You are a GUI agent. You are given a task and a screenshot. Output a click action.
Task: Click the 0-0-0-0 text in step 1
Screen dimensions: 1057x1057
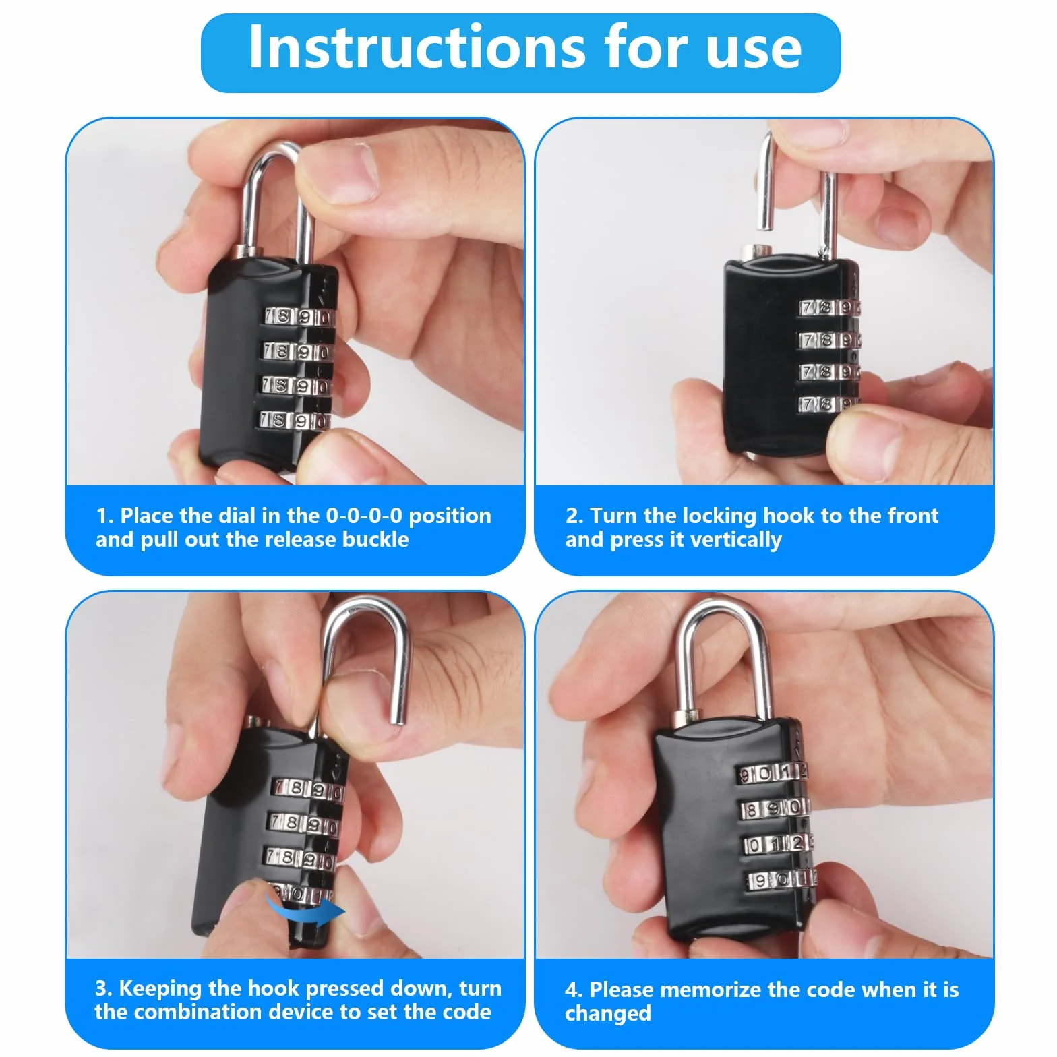[x=364, y=516]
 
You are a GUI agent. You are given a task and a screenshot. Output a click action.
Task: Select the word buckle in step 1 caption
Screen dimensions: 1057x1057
[x=375, y=539]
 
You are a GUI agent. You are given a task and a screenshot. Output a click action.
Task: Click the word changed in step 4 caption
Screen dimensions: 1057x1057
[x=608, y=1013]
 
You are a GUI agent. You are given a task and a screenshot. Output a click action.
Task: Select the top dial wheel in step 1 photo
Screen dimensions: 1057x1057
[x=298, y=317]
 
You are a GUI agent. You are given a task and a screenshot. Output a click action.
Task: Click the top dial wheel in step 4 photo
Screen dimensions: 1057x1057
[x=773, y=773]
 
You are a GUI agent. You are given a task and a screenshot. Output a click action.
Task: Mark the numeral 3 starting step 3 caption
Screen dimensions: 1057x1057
[x=101, y=989]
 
